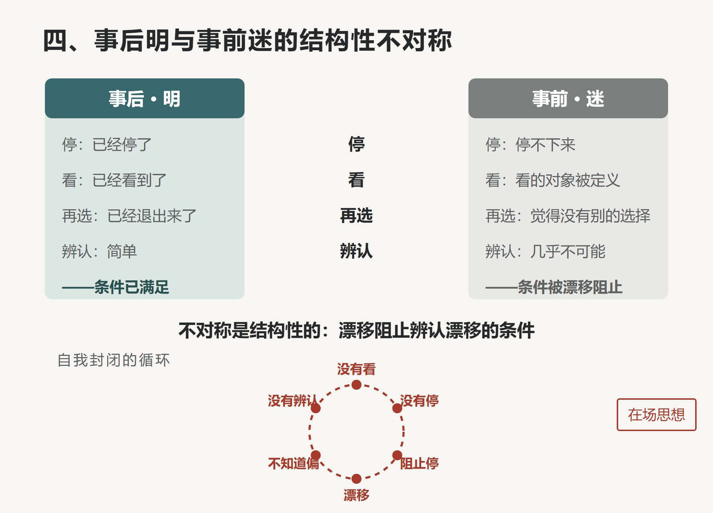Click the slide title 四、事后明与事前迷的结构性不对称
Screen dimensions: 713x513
click(247, 41)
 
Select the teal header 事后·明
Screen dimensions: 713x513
click(145, 98)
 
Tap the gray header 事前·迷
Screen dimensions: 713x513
click(568, 98)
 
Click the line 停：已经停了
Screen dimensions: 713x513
click(107, 145)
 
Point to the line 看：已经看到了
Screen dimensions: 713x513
click(114, 180)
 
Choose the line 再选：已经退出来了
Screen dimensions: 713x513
click(129, 216)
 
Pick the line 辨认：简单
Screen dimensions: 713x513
click(99, 252)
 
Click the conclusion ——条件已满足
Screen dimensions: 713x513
click(116, 287)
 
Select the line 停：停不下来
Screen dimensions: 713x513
click(530, 145)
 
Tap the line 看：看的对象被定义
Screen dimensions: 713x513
click(553, 180)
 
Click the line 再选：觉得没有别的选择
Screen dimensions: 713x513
click(568, 216)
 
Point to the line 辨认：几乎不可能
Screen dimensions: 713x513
click(545, 252)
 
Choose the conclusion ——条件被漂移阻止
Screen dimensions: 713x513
click(554, 287)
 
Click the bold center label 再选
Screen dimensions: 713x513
click(356, 216)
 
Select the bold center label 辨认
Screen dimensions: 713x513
click(356, 252)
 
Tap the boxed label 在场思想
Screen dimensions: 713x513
click(657, 415)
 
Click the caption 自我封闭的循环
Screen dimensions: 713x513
click(114, 360)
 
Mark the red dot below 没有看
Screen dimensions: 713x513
click(356, 385)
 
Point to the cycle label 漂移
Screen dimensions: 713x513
click(356, 495)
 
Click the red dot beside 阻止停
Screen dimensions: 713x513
click(397, 455)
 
